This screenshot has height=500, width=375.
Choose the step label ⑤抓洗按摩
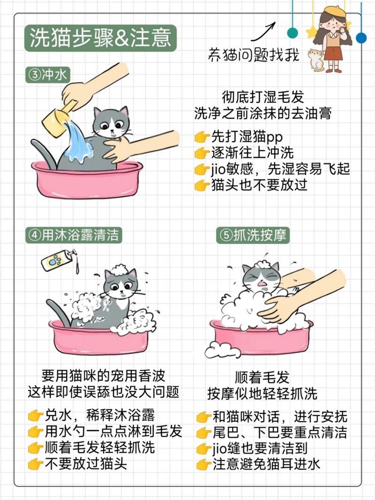point(254,235)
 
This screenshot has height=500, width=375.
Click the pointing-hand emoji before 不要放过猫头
point(36,464)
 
